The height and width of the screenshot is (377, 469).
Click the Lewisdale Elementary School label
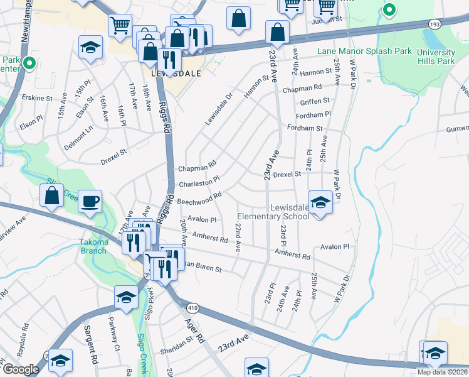click(x=290, y=212)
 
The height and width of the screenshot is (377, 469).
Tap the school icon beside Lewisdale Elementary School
click(x=320, y=202)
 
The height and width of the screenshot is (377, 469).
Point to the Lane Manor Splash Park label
click(x=356, y=51)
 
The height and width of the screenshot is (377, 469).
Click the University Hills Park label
click(x=436, y=57)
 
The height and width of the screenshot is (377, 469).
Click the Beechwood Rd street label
click(x=199, y=199)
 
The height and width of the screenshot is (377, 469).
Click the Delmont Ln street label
click(x=78, y=138)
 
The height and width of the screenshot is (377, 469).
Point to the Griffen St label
click(x=315, y=101)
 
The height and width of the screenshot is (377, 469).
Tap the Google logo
click(x=21, y=369)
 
